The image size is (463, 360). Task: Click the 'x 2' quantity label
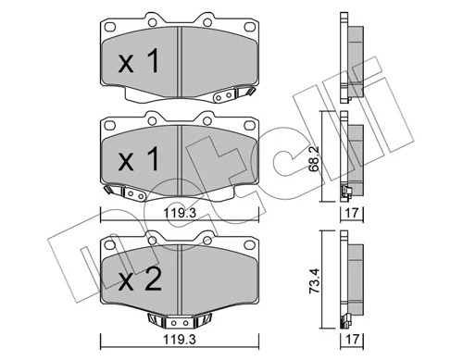(x=140, y=279)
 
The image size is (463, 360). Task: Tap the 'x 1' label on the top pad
(x=139, y=60)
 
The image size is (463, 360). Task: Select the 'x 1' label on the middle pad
(x=139, y=158)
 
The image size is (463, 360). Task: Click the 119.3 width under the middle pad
(x=180, y=213)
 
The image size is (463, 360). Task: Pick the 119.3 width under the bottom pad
(x=180, y=340)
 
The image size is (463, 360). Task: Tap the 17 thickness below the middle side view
(x=352, y=213)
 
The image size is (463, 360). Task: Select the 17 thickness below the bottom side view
(x=352, y=340)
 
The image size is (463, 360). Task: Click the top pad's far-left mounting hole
(x=110, y=27)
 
